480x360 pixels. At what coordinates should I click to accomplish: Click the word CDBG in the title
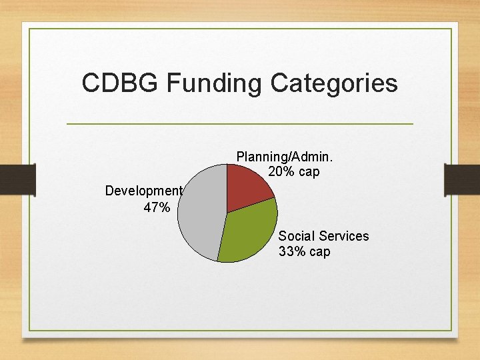coord(120,84)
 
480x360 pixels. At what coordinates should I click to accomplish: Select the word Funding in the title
coord(215,84)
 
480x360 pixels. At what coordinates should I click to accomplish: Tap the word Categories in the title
coord(334,84)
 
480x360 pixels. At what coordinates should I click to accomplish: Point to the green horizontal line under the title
coord(240,124)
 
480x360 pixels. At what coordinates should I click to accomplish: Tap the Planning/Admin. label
coord(285,157)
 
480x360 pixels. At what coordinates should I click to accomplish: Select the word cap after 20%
coord(309,173)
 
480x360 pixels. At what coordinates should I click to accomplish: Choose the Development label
coord(143,191)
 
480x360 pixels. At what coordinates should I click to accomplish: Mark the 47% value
coord(157,208)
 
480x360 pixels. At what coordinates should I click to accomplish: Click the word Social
coord(297,236)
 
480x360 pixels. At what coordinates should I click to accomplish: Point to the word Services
coord(343,236)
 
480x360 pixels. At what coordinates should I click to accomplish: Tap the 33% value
coord(292,252)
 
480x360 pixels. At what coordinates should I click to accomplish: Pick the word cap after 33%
coord(319,253)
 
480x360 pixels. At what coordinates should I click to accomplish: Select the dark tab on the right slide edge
coord(462,181)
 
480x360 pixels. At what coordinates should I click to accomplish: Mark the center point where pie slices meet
coord(227,213)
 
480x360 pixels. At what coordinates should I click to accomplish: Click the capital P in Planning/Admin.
coord(241,157)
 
